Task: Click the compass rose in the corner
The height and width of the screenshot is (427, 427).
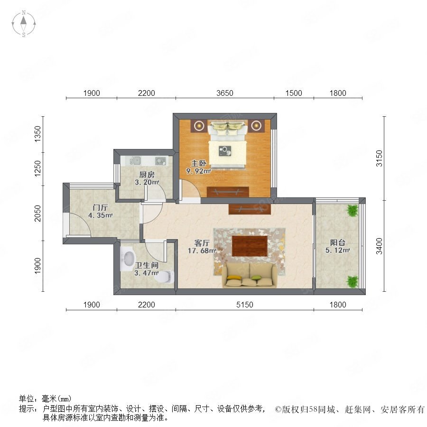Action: pyautogui.click(x=24, y=24)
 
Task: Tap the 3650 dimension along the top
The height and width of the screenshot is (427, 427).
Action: pyautogui.click(x=225, y=93)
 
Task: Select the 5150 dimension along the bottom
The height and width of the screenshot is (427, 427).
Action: pyautogui.click(x=244, y=305)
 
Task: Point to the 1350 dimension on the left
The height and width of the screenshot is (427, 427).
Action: pyautogui.click(x=37, y=134)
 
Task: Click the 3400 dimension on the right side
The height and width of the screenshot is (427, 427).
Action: pyautogui.click(x=379, y=246)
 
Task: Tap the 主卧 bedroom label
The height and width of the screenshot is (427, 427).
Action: pyautogui.click(x=198, y=163)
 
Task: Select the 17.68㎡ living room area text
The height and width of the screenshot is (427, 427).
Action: pyautogui.click(x=202, y=251)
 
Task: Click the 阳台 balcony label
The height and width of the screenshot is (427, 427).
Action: pyautogui.click(x=338, y=242)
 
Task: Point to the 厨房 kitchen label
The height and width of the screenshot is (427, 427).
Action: pyautogui.click(x=147, y=175)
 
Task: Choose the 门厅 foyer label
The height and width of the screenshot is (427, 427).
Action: pyautogui.click(x=100, y=207)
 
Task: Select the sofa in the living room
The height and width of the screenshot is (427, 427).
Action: pyautogui.click(x=250, y=275)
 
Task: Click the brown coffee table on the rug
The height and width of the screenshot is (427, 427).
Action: pyautogui.click(x=250, y=246)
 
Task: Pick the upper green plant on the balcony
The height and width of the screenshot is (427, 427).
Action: pyautogui.click(x=353, y=211)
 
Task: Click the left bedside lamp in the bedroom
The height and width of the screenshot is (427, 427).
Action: pyautogui.click(x=200, y=126)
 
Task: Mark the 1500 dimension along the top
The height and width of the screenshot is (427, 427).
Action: pyautogui.click(x=294, y=93)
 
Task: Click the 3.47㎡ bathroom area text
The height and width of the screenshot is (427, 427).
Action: pyautogui.click(x=147, y=273)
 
